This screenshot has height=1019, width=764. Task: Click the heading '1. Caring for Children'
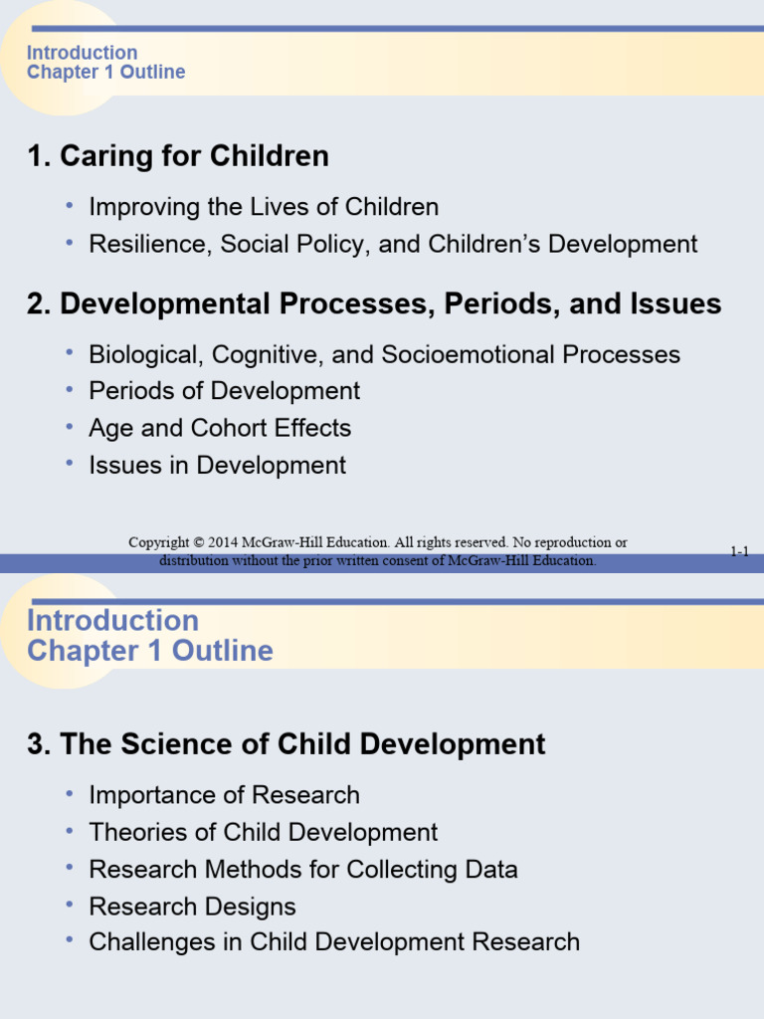point(178,156)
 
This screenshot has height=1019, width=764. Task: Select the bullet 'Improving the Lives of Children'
point(264,207)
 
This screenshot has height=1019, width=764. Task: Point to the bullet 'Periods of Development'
point(225,391)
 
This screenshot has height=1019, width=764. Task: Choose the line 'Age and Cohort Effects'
point(220,428)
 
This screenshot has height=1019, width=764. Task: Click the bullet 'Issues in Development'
point(218,465)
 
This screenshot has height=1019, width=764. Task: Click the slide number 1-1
point(739,551)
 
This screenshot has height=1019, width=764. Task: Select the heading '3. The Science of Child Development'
point(286,744)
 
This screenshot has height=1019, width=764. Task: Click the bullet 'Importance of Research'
point(225,795)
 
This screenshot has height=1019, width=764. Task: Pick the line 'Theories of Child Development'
point(264,832)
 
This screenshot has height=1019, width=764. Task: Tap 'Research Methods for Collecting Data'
point(303,869)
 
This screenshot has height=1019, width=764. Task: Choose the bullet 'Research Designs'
point(193,907)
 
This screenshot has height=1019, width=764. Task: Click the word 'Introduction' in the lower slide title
point(112,620)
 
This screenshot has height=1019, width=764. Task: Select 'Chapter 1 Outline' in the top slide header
point(105,72)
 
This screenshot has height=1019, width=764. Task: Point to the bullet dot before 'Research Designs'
point(70,905)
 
